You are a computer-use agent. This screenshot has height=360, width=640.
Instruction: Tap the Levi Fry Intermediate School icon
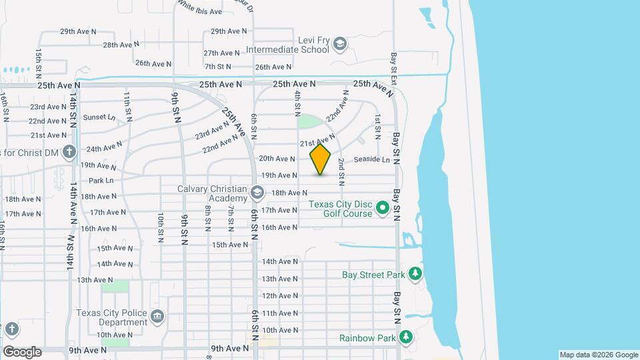pos(340,44)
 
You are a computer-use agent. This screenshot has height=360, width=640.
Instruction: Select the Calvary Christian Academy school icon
pos(257,194)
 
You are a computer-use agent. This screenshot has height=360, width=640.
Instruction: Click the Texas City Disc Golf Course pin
pos(383,209)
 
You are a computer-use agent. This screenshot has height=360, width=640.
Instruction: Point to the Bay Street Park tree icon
pos(415,274)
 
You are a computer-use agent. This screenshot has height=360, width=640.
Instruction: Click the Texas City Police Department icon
pos(157,316)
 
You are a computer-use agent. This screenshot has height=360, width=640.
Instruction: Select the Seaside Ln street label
pos(371,159)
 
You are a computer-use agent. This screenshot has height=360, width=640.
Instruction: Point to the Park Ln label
pos(101,180)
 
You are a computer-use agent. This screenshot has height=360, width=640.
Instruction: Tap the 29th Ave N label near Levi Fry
pos(229,31)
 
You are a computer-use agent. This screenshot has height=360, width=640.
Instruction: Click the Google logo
pos(22,351)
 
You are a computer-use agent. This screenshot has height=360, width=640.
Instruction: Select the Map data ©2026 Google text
pos(597,355)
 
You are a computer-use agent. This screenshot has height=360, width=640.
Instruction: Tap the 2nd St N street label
pos(341,172)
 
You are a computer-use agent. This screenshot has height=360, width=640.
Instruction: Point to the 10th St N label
pos(161,227)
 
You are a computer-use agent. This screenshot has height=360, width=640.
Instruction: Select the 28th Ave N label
pos(121,45)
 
